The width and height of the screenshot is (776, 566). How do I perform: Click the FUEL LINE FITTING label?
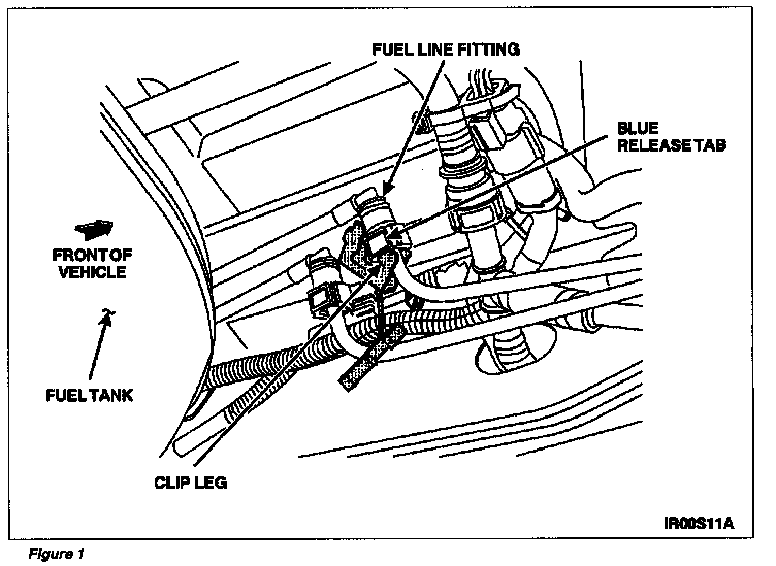445,49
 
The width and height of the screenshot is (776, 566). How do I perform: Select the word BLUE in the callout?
638,128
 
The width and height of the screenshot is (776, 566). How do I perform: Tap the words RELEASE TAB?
671,145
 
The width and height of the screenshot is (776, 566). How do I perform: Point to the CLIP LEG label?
190,482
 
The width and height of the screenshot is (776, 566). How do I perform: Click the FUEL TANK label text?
89,395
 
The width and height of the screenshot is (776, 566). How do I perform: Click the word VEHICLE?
93,272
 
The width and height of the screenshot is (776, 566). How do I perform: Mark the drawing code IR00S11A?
699,523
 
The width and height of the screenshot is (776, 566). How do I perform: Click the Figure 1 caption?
56,554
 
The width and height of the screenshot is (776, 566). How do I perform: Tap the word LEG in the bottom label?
212,482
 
